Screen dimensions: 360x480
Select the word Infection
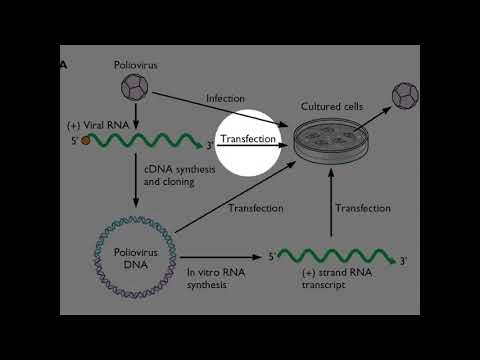pos(225,98)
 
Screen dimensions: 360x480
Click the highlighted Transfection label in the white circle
pos(248,139)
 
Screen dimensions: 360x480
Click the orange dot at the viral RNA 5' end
pos(86,140)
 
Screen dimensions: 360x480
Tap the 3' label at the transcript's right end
pos(403,262)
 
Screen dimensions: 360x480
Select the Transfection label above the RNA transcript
pos(362,208)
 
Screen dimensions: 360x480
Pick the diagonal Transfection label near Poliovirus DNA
pos(256,208)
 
